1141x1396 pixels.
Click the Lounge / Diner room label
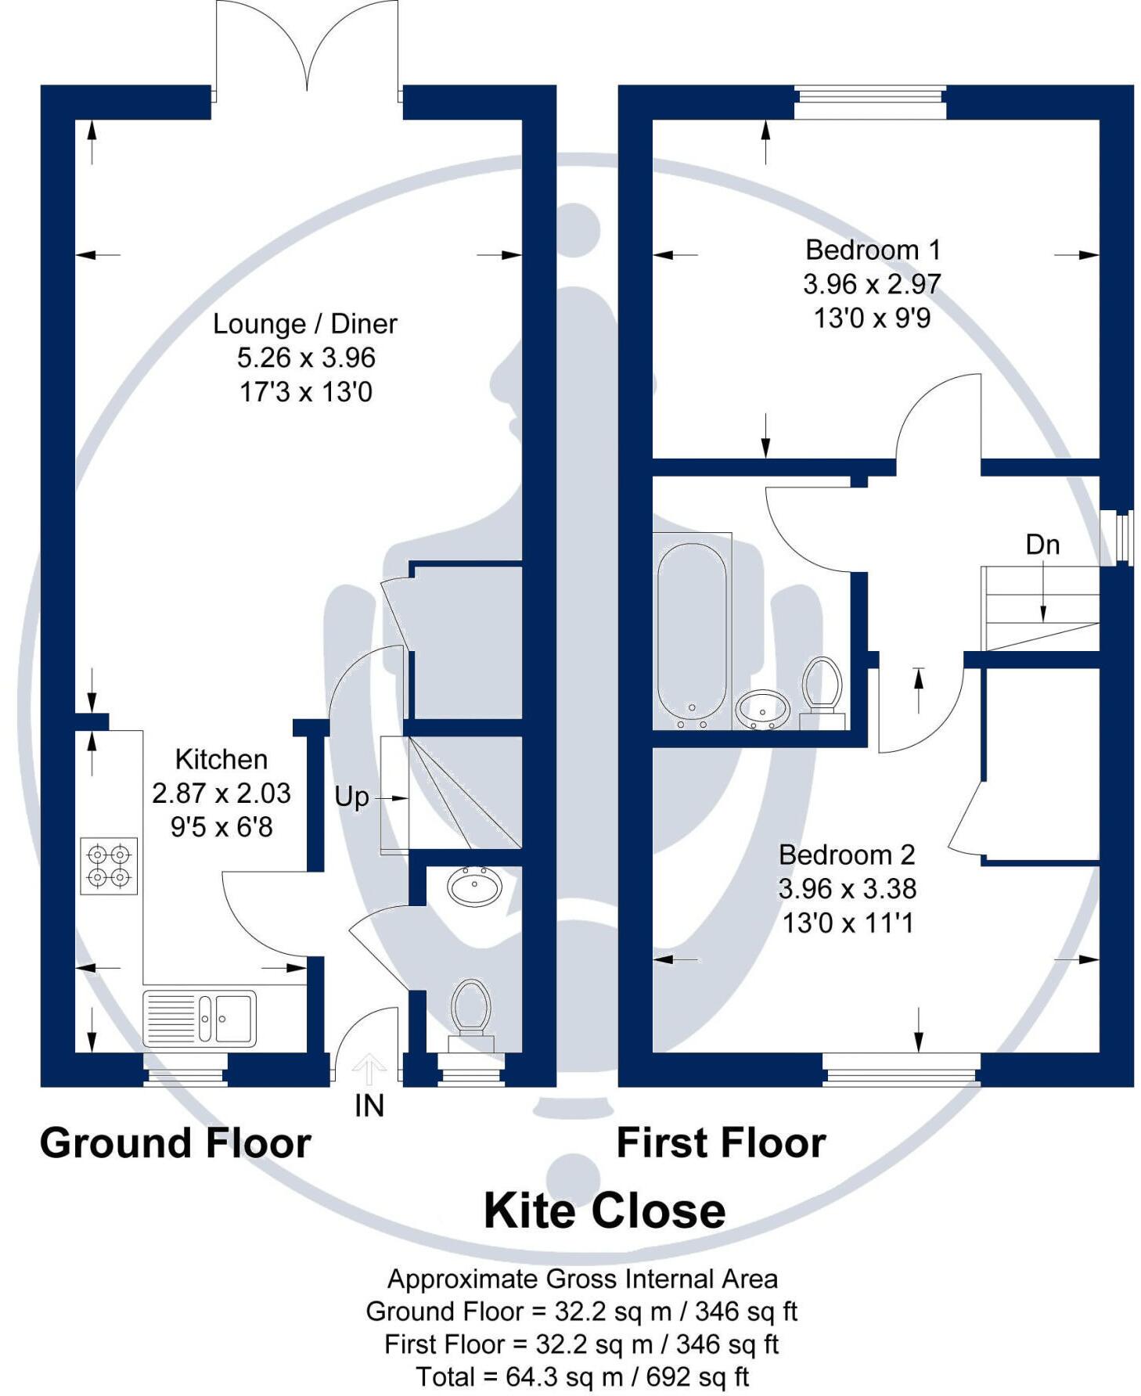(x=304, y=324)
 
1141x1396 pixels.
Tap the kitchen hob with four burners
(x=109, y=866)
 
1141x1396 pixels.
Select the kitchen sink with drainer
(x=200, y=1018)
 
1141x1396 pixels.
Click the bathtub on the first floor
(x=691, y=631)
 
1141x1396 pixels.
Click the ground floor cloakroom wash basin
(x=474, y=887)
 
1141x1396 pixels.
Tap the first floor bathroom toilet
(x=821, y=689)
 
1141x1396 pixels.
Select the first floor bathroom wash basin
(x=762, y=709)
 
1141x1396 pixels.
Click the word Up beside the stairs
(x=351, y=797)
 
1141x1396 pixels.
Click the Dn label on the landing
(x=1042, y=545)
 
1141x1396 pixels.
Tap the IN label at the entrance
(x=369, y=1106)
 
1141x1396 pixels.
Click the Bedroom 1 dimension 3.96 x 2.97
(x=871, y=284)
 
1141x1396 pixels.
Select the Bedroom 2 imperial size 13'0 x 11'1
(x=848, y=923)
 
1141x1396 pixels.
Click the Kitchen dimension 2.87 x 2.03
(x=221, y=793)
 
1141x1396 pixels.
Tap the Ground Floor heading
(x=175, y=1143)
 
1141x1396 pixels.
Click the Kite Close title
(x=604, y=1211)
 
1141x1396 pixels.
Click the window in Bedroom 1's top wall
(x=869, y=103)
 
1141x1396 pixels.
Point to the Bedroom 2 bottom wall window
(x=901, y=1070)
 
